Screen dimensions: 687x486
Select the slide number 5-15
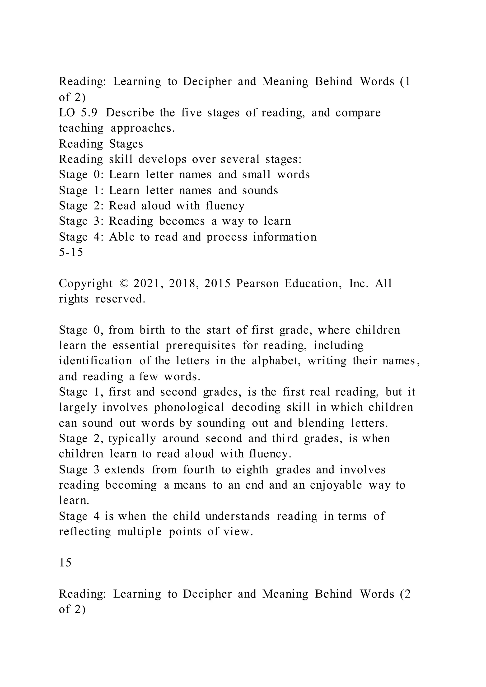[71, 252]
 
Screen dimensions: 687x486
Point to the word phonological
[189, 407]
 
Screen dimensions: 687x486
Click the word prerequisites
[201, 345]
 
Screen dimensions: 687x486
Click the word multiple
[140, 532]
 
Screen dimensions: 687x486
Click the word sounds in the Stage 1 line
[260, 190]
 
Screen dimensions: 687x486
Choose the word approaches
[142, 128]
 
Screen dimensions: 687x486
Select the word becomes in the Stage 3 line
[182, 221]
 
